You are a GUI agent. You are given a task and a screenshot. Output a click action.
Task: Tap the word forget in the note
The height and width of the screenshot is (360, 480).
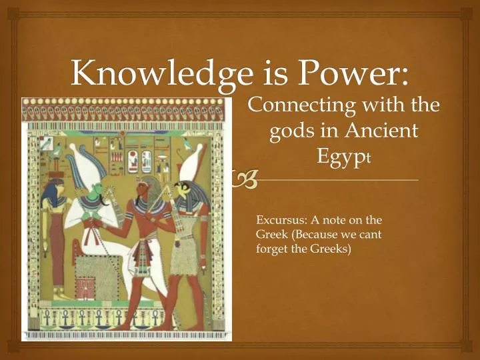271,249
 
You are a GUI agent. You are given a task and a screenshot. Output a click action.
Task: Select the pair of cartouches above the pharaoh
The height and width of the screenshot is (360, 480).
138,161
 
